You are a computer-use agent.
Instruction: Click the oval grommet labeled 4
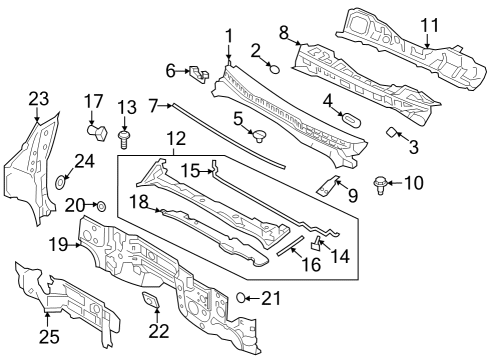pos(351,119)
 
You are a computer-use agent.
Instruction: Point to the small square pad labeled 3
pos(393,133)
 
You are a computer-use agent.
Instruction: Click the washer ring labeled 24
pos(60,183)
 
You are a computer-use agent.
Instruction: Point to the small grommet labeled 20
pos(100,206)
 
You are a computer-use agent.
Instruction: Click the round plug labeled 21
pos(242,296)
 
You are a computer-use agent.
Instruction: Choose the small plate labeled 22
pos(152,300)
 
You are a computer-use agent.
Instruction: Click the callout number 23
pos(38,98)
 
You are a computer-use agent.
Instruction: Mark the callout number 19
pos(58,244)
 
